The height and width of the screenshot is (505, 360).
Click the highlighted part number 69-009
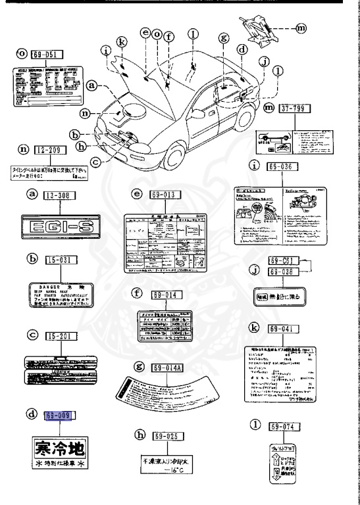click(58, 416)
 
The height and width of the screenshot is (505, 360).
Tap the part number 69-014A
click(168, 368)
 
